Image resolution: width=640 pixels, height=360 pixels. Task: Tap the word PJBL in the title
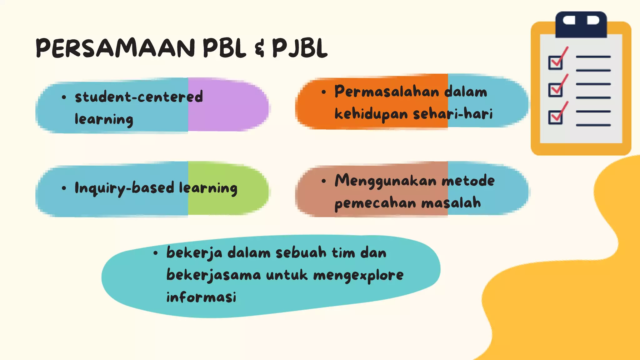pos(300,48)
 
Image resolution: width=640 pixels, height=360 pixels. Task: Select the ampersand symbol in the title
pos(259,49)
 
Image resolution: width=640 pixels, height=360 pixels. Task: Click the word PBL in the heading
pos(224,48)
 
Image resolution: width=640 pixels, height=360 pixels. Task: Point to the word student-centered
pos(139,97)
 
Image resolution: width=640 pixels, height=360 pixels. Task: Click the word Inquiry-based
pos(124,188)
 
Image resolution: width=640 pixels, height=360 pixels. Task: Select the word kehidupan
pos(371,114)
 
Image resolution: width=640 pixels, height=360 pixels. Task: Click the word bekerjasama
pos(213,275)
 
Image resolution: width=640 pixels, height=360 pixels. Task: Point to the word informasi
pos(201,297)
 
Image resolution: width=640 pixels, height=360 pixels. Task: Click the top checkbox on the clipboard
pos(555,62)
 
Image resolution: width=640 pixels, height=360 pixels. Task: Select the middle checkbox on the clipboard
pos(555,90)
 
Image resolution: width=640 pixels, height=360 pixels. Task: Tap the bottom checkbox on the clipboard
pos(555,117)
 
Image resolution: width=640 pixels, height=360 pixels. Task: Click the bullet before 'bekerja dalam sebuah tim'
pos(156,253)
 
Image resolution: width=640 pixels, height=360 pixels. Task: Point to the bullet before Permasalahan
pos(324,92)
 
